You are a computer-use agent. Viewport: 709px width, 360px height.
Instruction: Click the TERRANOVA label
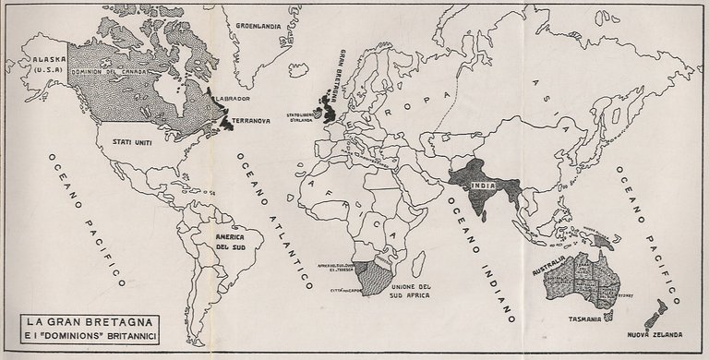pos(251,120)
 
